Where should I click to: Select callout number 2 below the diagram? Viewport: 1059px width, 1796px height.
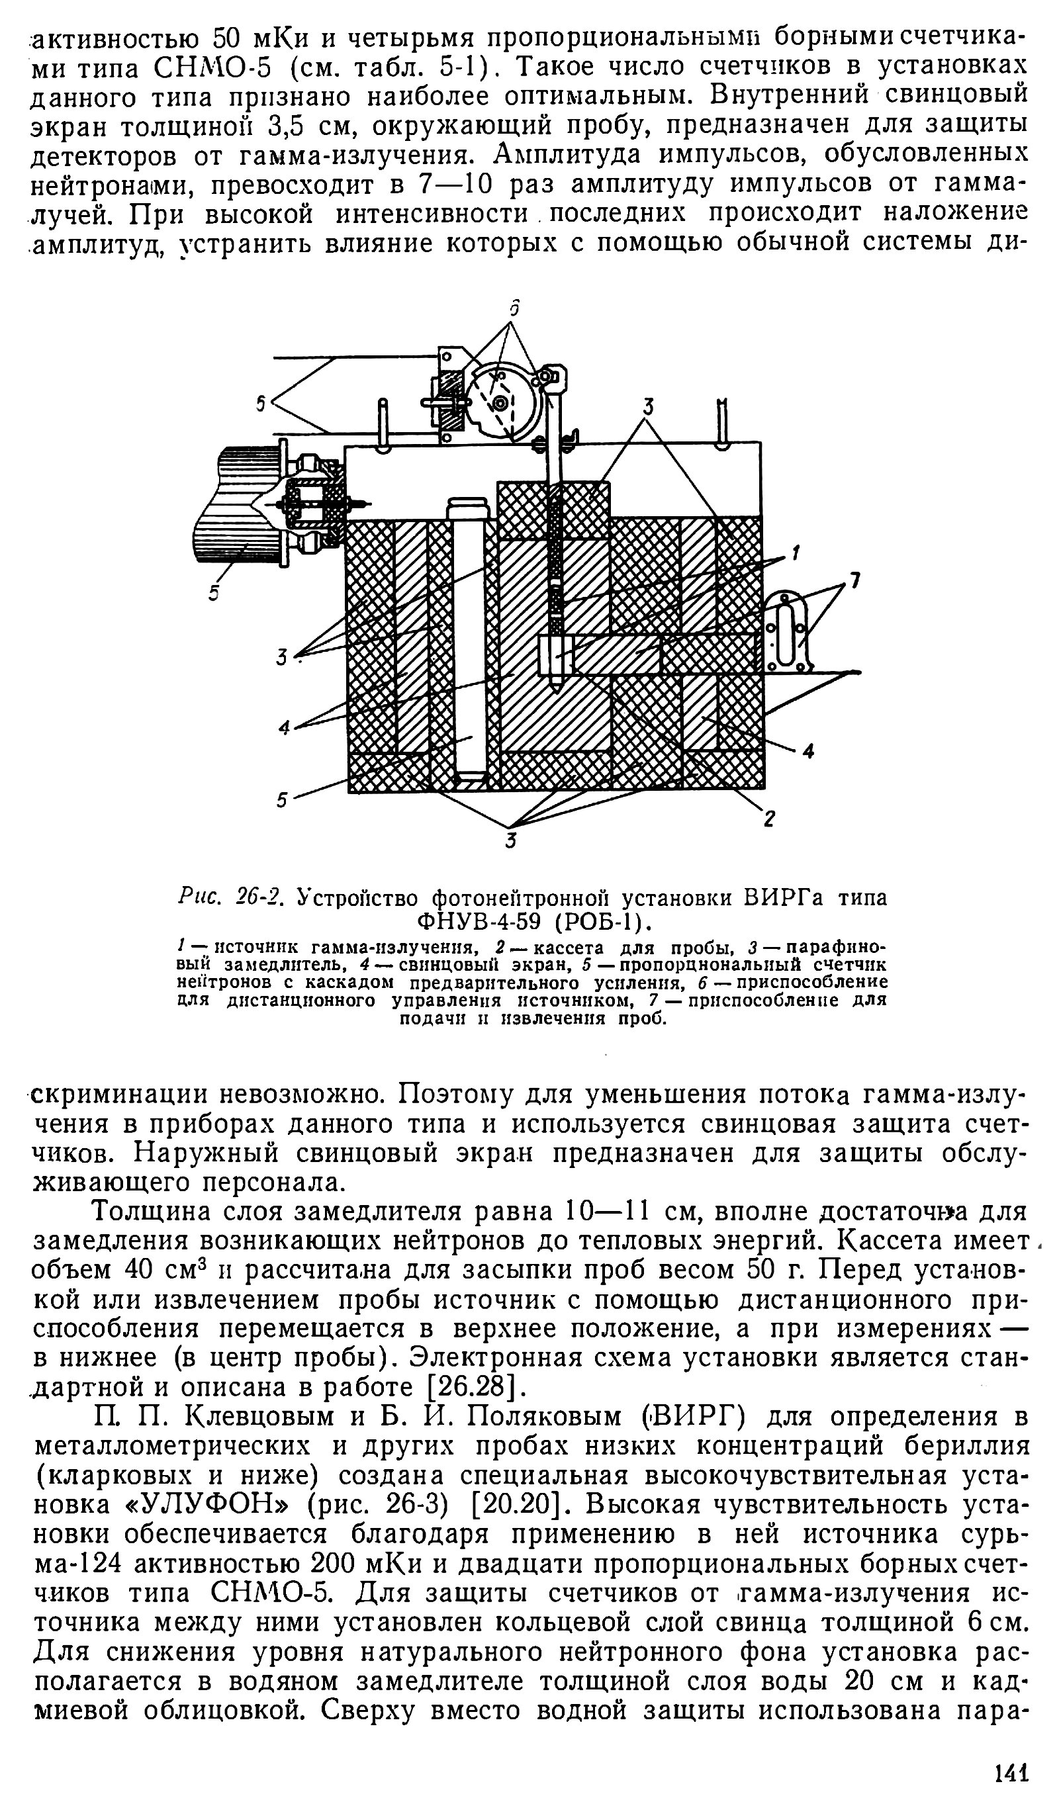[769, 819]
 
